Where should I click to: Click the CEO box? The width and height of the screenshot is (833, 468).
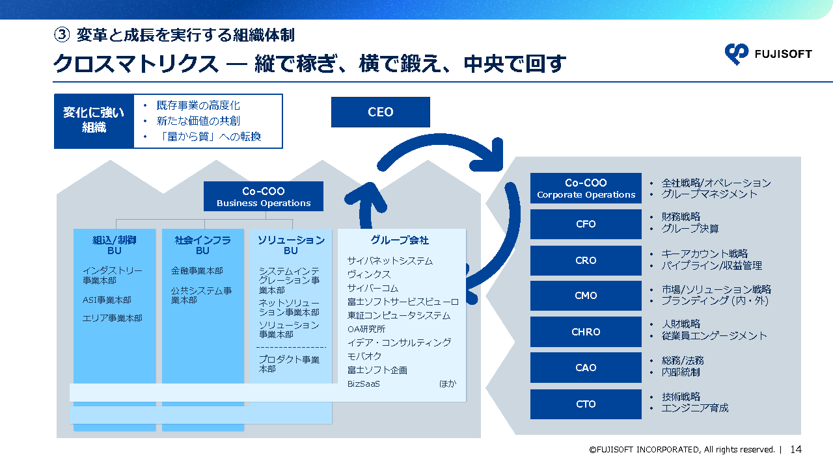(380, 112)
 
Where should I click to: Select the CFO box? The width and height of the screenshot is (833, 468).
(586, 224)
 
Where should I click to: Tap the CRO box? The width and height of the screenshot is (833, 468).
(586, 260)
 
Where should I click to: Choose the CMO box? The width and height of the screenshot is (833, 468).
(586, 296)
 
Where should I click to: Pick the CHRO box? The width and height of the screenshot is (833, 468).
(586, 331)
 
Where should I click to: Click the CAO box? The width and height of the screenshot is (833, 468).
(586, 367)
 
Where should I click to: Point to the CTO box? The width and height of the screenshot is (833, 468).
(586, 404)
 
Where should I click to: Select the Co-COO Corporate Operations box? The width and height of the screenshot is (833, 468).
(586, 188)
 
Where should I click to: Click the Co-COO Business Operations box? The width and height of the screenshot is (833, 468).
(264, 196)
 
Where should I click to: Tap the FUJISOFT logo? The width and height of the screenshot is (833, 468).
(768, 54)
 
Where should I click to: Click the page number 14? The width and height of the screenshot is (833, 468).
(796, 449)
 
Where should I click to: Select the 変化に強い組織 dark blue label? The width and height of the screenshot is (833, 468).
(94, 121)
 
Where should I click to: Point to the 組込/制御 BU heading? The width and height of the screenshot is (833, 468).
(115, 245)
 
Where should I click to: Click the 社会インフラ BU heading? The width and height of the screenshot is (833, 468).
(202, 245)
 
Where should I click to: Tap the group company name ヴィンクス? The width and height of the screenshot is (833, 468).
(369, 274)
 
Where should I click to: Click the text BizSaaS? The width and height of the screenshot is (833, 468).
(364, 383)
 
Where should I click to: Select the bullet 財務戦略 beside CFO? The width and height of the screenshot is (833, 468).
(681, 216)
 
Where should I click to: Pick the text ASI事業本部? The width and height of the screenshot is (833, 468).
(107, 300)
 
